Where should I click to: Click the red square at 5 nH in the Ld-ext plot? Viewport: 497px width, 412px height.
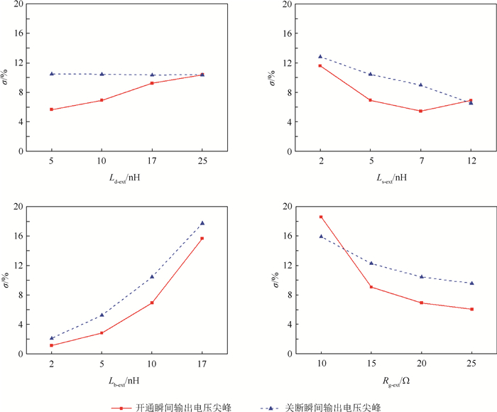pyautogui.click(x=52, y=109)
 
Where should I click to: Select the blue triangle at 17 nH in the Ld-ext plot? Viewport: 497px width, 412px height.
pyautogui.click(x=152, y=75)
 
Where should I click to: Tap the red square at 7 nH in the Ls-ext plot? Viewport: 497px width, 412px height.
pyautogui.click(x=420, y=111)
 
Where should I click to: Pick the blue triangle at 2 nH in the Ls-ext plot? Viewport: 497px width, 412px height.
pyautogui.click(x=320, y=56)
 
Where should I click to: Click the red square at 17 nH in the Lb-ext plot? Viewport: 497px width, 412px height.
pyautogui.click(x=202, y=238)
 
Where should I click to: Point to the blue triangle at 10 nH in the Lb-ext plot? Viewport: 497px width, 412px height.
pyautogui.click(x=152, y=276)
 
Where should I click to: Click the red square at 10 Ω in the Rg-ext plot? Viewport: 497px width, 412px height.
pyautogui.click(x=321, y=217)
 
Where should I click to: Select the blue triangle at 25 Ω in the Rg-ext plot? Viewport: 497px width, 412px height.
pyautogui.click(x=471, y=283)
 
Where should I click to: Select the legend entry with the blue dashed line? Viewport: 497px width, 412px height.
pyautogui.click(x=331, y=407)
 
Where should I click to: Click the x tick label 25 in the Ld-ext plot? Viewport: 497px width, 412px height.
pyautogui.click(x=202, y=161)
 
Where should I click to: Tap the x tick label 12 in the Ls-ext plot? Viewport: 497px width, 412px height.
pyautogui.click(x=471, y=161)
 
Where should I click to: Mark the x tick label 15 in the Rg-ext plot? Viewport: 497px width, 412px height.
pyautogui.click(x=371, y=364)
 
